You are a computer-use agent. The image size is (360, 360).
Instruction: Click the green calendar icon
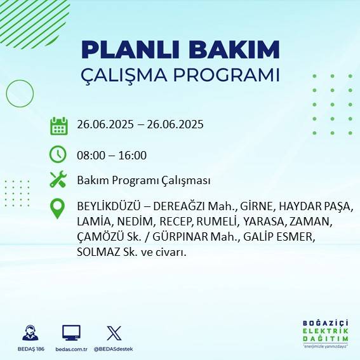click(58, 125)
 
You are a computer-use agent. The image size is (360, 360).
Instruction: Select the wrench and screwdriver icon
click(58, 180)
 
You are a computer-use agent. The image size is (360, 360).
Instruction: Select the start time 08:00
click(90, 155)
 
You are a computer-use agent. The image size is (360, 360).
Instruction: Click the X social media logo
click(114, 333)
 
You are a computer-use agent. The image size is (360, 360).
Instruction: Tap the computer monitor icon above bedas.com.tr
click(71, 333)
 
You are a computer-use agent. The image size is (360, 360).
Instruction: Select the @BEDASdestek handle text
click(114, 349)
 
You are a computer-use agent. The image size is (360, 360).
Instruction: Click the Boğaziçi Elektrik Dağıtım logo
click(325, 333)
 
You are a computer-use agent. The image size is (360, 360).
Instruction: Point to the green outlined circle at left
click(20, 94)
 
